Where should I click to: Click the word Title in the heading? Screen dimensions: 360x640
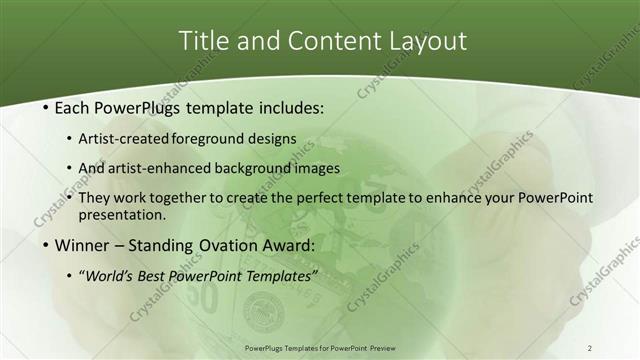(x=202, y=41)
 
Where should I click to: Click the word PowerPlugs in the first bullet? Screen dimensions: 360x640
(x=142, y=107)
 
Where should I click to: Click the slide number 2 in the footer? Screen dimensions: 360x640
(x=590, y=347)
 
